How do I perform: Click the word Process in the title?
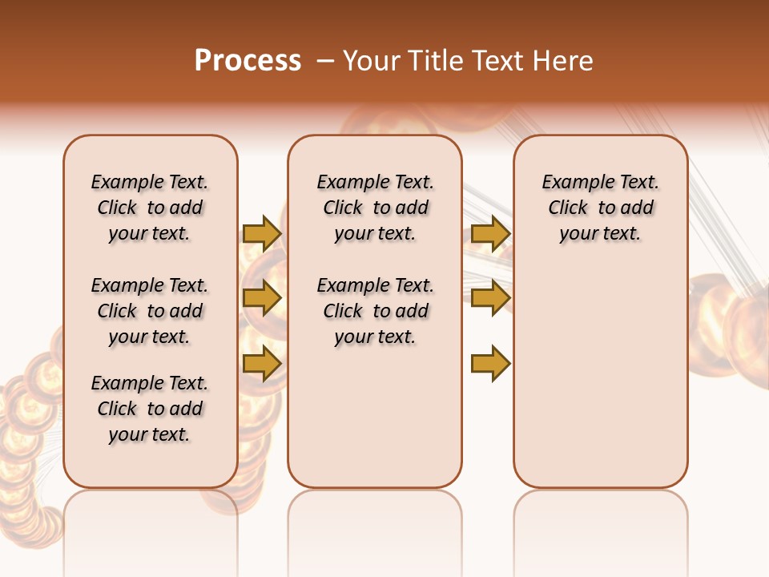pyautogui.click(x=248, y=60)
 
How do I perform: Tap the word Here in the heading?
pyautogui.click(x=562, y=60)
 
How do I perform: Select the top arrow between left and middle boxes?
pyautogui.click(x=262, y=233)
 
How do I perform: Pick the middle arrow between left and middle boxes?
pyautogui.click(x=262, y=298)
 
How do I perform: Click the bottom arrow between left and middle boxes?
pyautogui.click(x=262, y=363)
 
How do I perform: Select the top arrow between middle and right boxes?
pyautogui.click(x=490, y=233)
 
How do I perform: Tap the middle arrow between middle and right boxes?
pyautogui.click(x=490, y=298)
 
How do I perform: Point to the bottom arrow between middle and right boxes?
pyautogui.click(x=490, y=363)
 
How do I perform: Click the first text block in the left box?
pyautogui.click(x=150, y=208)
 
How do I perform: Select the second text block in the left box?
pyautogui.click(x=150, y=311)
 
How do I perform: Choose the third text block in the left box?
pyautogui.click(x=150, y=409)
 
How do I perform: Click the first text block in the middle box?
pyautogui.click(x=375, y=208)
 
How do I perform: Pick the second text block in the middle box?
pyautogui.click(x=375, y=311)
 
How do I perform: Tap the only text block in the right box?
pyautogui.click(x=600, y=208)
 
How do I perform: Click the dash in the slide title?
pyautogui.click(x=325, y=62)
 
